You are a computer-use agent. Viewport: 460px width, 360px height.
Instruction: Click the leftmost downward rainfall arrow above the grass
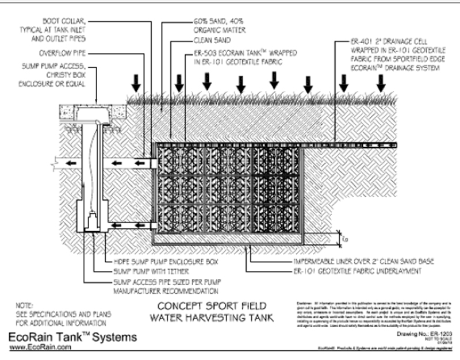pyautogui.click(x=136, y=84)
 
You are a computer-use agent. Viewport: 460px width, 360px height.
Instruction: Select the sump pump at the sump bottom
pyautogui.click(x=91, y=221)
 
